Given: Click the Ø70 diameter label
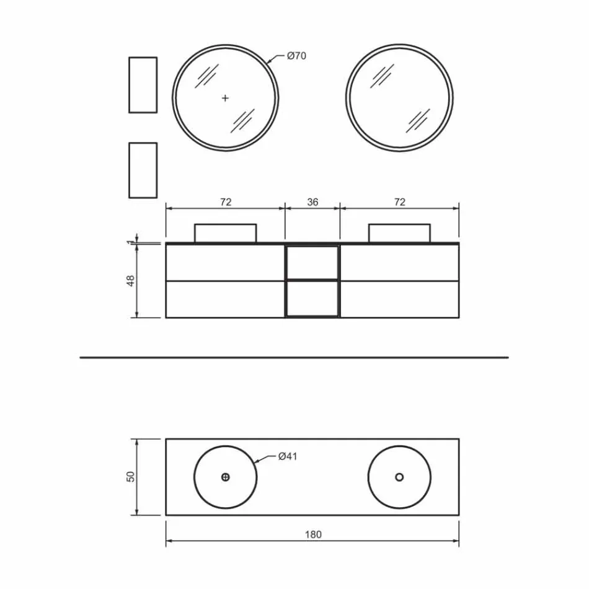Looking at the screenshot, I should coord(296,56).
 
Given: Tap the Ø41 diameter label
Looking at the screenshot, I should coord(288,456).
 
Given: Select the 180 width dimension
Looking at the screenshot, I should coord(313,534).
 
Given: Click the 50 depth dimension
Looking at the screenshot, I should coord(130,477).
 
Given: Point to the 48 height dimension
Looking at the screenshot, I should coord(130,281).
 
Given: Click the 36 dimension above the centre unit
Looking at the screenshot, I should coord(312,202).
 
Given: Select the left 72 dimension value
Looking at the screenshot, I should coord(226,202).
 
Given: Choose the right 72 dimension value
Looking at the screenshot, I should coord(400,202).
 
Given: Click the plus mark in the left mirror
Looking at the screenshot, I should coord(225,97).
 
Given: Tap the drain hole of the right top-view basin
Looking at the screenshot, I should coord(399,477).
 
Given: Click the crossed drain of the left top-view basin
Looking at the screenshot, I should coord(226,477).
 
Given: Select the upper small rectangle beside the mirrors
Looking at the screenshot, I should coord(143,85).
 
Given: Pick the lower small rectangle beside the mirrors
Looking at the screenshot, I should coord(143,170).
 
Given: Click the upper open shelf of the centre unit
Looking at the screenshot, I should coord(312,262).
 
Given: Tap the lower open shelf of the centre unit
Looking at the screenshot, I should coord(312,298).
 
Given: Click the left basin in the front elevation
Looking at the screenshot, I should coord(226,233).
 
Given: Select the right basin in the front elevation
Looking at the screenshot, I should coord(400,233).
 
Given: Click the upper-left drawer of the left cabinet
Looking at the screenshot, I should coord(226,263).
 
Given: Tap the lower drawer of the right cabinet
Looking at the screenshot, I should coord(400,299).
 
